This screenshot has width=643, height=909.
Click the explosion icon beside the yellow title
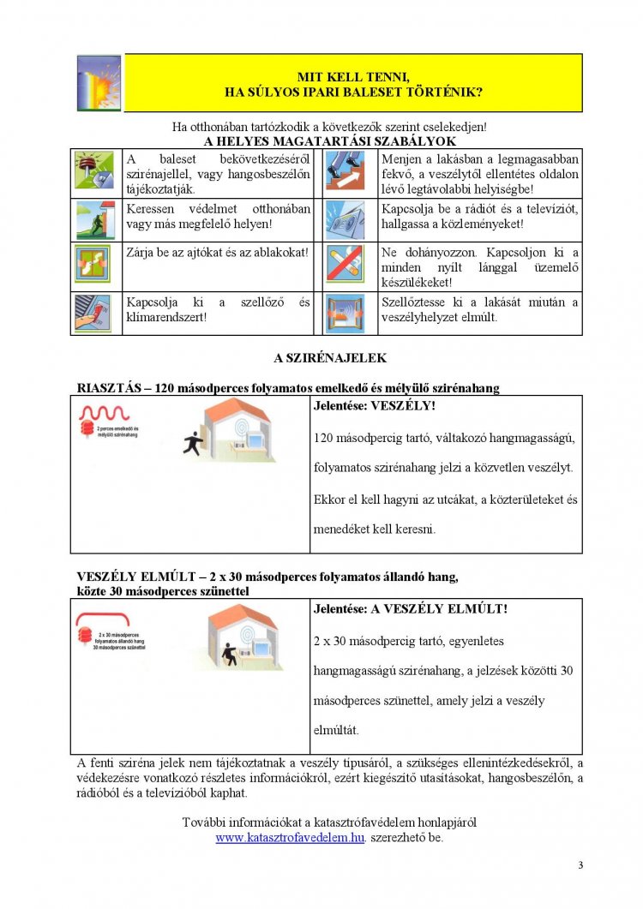tap(99, 82)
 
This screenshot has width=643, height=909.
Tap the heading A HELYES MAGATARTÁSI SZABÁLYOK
tap(331, 141)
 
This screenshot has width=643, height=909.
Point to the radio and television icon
tap(348, 219)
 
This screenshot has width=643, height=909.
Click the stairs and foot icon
tap(348, 172)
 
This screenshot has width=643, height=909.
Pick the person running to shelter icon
tap(94, 219)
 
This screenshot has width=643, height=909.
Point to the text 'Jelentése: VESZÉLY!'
tap(375, 405)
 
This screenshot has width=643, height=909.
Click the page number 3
tap(580, 865)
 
